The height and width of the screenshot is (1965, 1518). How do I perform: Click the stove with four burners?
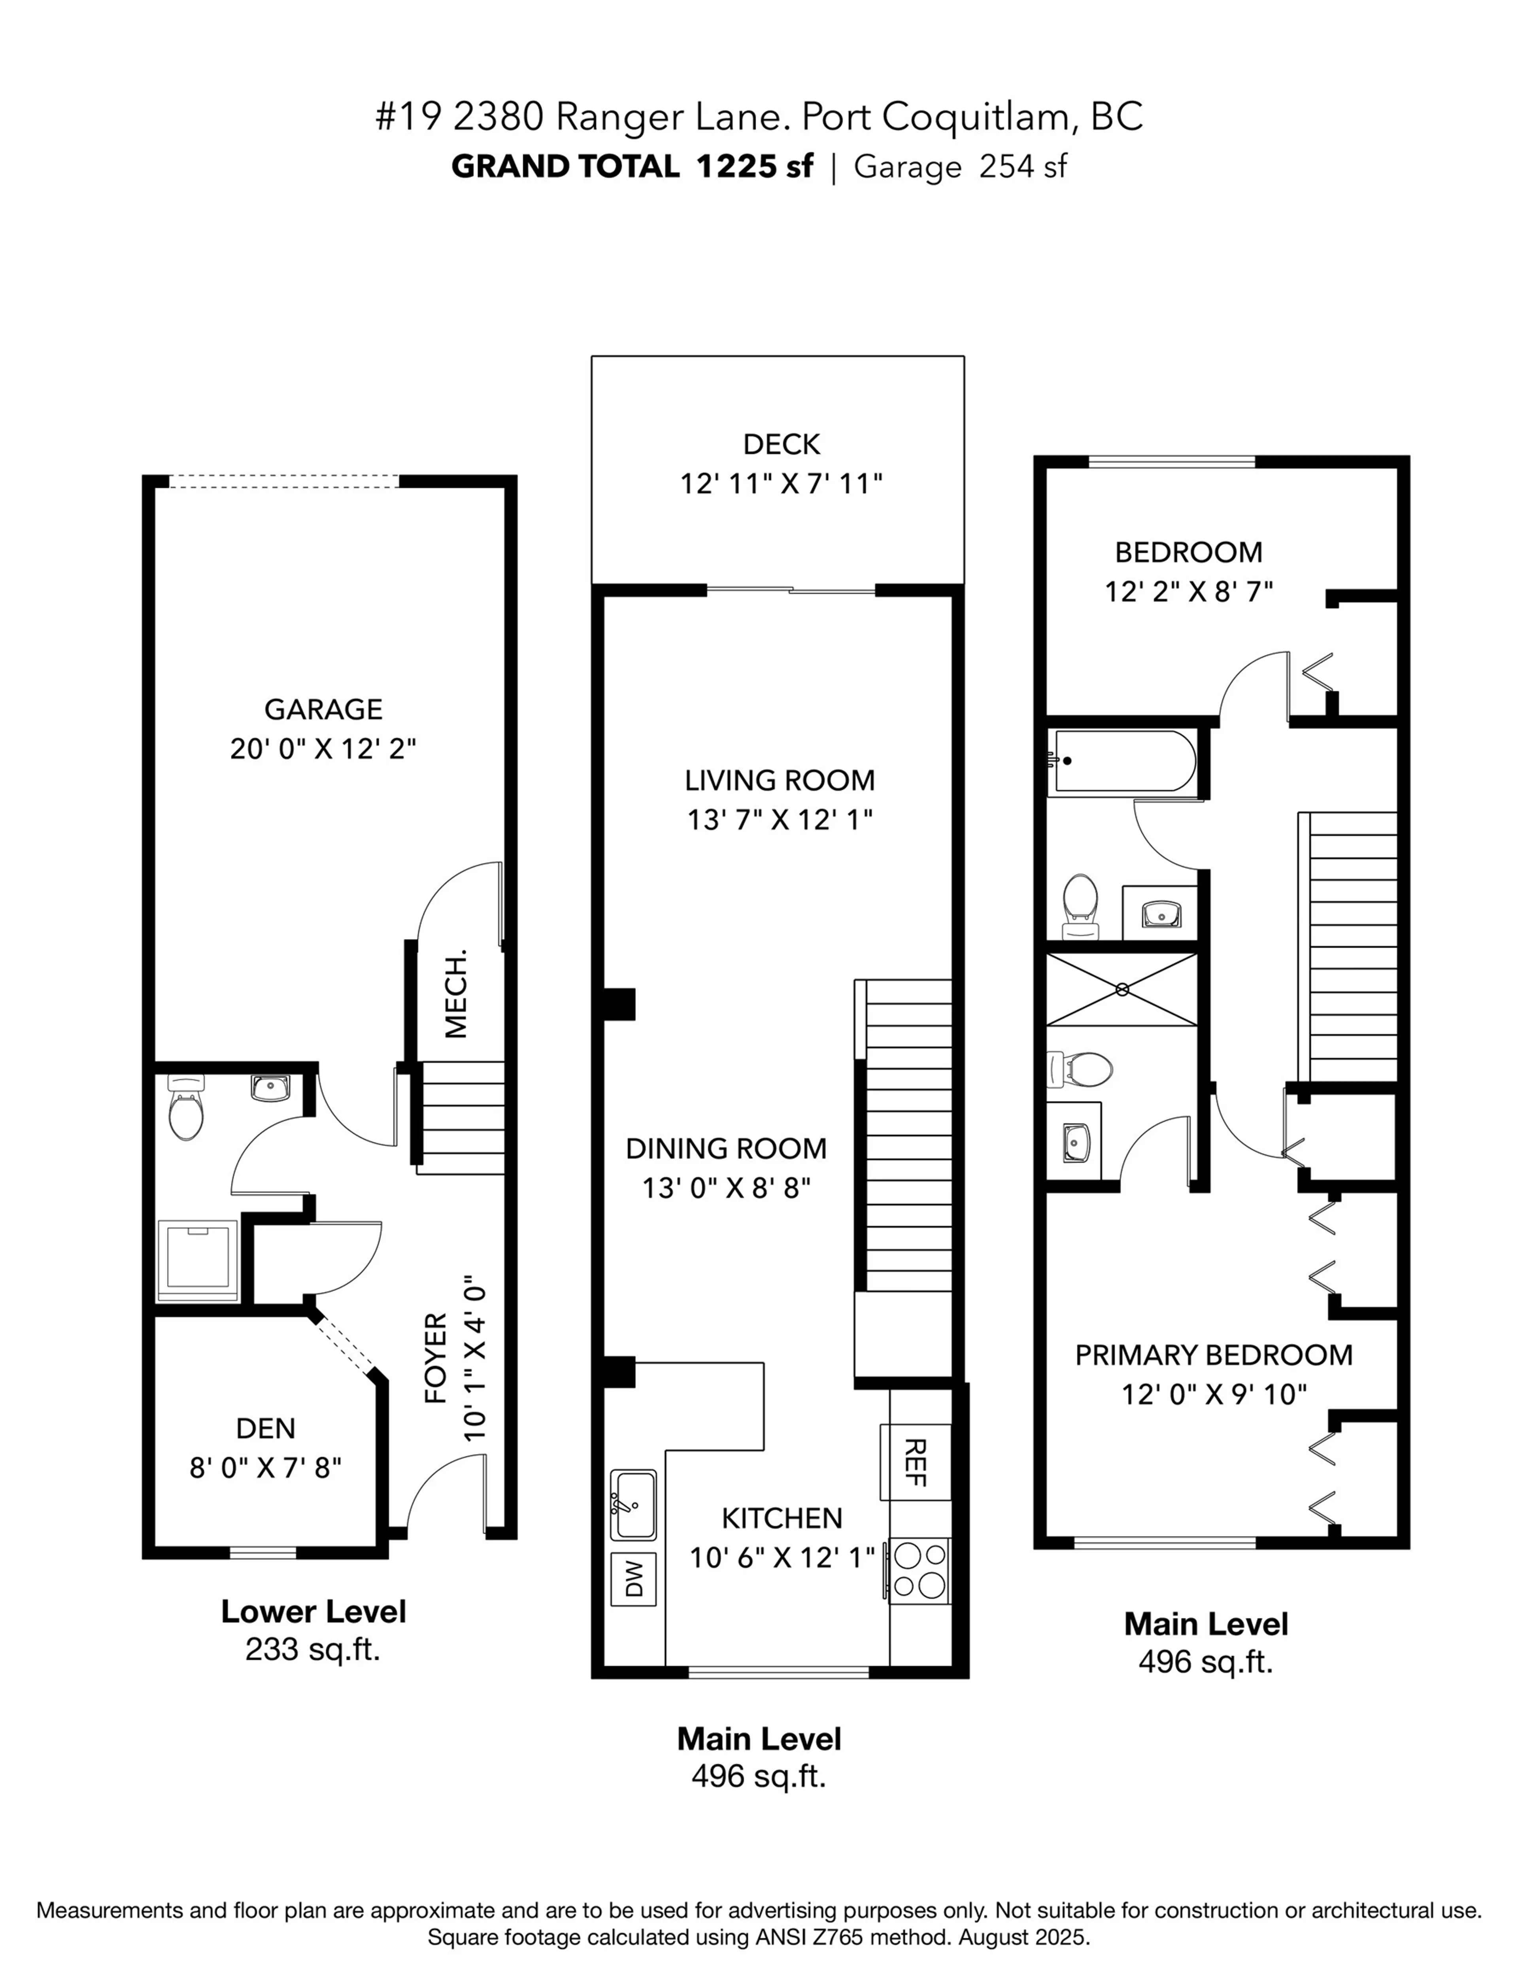coord(919,1569)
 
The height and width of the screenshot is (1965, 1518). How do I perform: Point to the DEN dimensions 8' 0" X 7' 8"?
coord(265,1468)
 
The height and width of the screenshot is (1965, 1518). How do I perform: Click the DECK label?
coord(781,444)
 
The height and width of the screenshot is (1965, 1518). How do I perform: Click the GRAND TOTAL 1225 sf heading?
coord(632,166)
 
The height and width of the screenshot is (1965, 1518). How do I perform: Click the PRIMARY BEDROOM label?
coord(1213,1355)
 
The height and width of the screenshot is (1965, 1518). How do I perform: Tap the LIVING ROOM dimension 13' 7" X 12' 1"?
coord(780,820)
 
